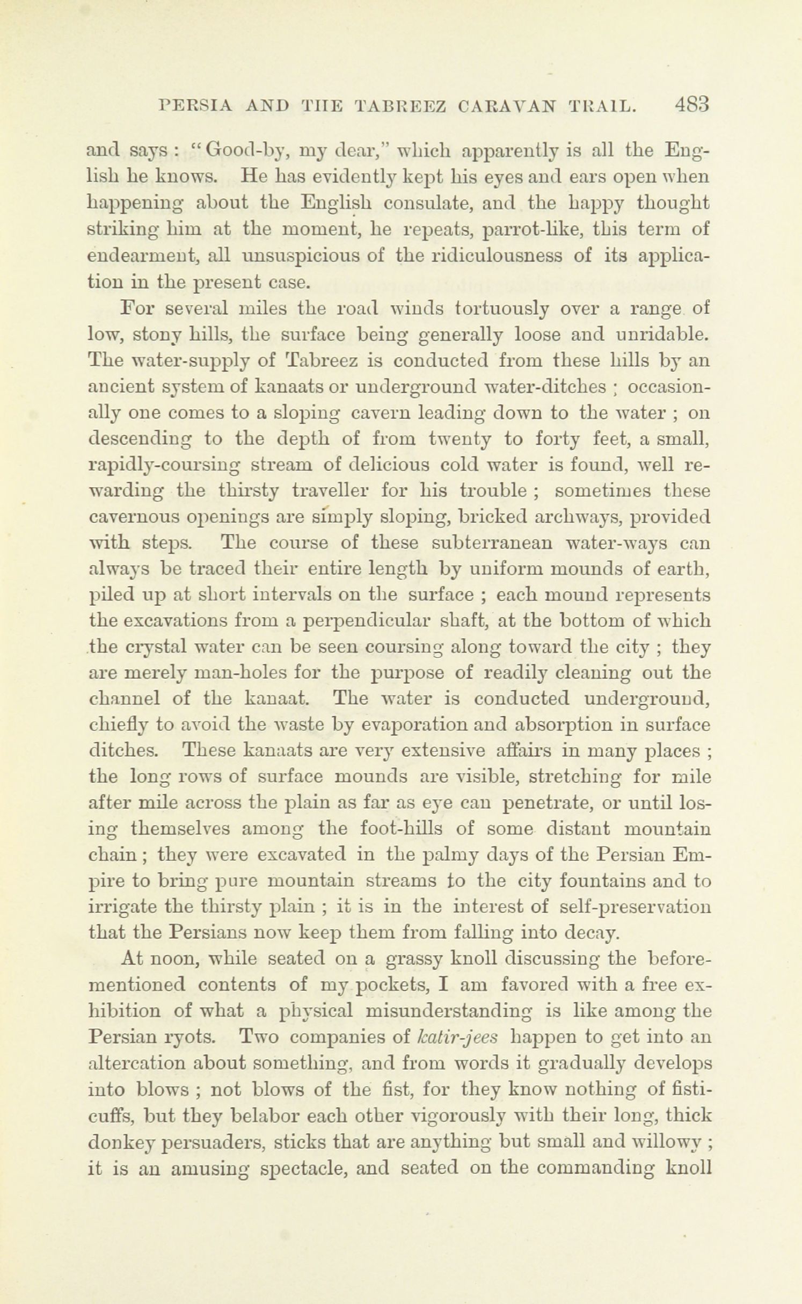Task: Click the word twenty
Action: [x=465, y=439]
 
